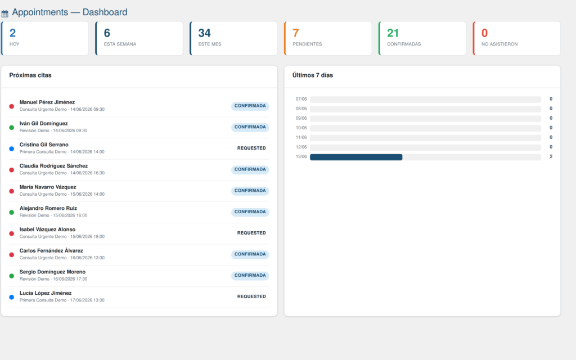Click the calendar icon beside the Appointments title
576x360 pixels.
4,14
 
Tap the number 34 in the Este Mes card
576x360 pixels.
205,33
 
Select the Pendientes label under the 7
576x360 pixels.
307,44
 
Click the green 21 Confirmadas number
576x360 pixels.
393,33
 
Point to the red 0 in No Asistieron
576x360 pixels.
484,33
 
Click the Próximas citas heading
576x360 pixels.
30,75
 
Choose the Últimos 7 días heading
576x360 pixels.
313,75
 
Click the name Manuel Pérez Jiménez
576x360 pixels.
47,102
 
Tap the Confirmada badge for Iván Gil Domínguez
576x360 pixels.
250,127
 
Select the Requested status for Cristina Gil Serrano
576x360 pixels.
251,148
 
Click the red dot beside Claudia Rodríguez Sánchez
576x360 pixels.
12,170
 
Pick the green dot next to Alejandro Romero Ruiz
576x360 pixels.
12,212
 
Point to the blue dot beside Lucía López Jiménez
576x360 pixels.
12,297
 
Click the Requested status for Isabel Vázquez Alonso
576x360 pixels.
251,233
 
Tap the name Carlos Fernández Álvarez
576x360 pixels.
51,251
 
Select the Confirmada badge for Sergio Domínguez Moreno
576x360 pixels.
250,276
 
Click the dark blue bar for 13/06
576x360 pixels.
356,157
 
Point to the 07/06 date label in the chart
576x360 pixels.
301,99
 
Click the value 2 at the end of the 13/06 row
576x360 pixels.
551,156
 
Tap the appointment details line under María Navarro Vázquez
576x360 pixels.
62,194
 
